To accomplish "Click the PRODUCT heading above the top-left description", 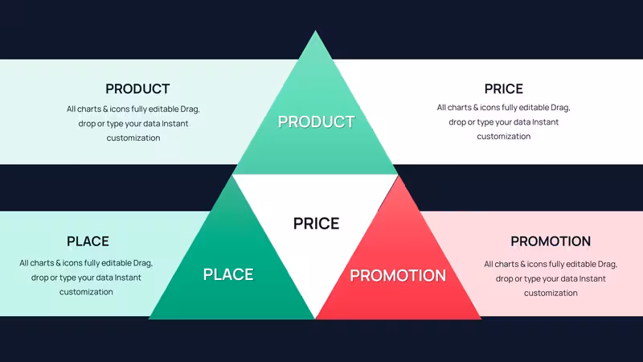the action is (x=137, y=88).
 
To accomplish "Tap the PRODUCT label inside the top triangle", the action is (x=316, y=121).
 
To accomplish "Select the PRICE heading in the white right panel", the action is (x=504, y=88).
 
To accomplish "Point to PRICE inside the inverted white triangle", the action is (x=316, y=224).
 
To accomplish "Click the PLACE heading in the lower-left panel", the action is (x=88, y=241).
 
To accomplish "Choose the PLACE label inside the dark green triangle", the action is (x=228, y=274).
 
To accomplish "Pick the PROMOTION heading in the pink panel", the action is (x=551, y=241).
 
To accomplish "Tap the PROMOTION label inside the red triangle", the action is (x=398, y=275).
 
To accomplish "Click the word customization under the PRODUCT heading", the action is (x=133, y=138).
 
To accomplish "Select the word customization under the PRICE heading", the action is (x=504, y=136).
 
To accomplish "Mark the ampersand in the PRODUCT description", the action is (x=105, y=109).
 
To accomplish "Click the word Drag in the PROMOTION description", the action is (x=608, y=265).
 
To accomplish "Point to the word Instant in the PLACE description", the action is (x=128, y=278).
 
